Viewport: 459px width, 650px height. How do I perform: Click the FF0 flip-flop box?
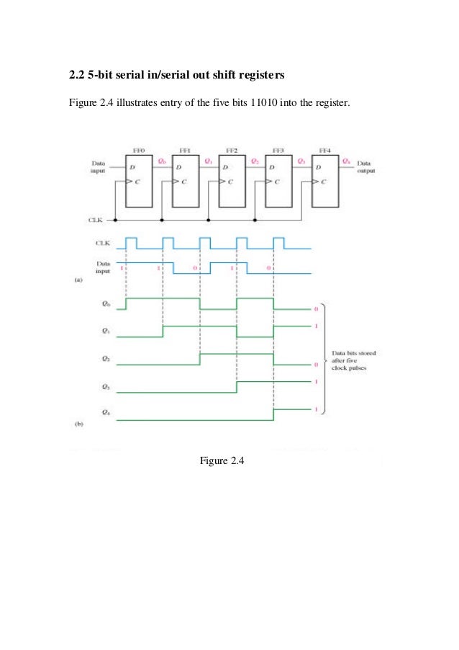(x=139, y=180)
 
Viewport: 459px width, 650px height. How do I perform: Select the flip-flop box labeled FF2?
(x=232, y=180)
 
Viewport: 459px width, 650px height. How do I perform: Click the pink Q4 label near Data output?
(x=347, y=163)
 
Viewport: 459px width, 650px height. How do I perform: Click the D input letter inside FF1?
(x=178, y=168)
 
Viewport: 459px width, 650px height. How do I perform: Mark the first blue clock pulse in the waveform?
(x=130, y=242)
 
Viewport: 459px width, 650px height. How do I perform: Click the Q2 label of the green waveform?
(x=105, y=358)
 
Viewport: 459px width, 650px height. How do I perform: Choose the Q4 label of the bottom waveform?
(x=105, y=413)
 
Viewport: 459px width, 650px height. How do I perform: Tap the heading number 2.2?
(x=76, y=74)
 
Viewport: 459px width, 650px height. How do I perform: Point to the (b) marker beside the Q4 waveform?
(x=81, y=424)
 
